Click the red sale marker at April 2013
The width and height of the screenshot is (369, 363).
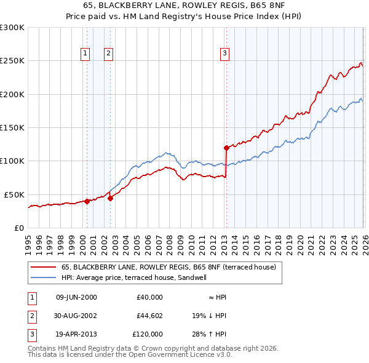226,148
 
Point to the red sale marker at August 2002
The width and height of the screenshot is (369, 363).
111,198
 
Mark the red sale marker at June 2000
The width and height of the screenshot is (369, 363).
87,201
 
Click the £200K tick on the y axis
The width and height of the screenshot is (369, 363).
12,94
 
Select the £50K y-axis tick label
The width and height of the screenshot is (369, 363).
14,194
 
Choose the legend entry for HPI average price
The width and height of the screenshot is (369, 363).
134,277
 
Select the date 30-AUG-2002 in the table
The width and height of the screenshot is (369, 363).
76,316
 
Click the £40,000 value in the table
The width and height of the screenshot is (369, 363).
148,297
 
